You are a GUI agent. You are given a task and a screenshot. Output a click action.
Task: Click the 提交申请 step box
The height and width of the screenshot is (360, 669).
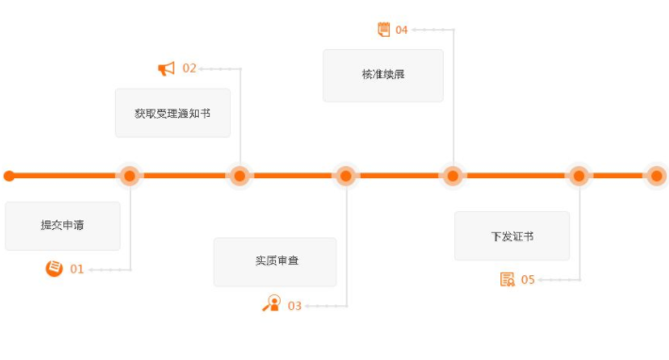[62, 225]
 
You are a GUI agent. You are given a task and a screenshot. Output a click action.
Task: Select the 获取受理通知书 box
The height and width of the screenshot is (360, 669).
[172, 113]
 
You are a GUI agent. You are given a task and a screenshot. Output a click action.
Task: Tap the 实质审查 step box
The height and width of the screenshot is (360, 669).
[275, 261]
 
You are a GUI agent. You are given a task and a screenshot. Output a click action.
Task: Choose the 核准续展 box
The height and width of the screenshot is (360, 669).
[383, 74]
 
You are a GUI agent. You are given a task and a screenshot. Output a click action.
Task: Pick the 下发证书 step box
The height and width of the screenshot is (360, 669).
[512, 236]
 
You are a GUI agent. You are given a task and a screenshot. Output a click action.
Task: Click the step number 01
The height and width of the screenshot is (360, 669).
[76, 270]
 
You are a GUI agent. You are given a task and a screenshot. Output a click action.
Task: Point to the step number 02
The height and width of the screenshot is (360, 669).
[189, 68]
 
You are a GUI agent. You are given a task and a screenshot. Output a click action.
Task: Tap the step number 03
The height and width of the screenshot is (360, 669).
[295, 305]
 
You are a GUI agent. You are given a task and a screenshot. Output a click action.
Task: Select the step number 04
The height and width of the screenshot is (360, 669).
[401, 29]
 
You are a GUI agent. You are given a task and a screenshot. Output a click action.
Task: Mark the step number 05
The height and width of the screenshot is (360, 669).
[528, 279]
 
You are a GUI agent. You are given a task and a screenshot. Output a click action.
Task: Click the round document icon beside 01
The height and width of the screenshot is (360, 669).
[55, 269]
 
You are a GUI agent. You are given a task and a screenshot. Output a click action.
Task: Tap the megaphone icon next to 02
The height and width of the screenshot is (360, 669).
[167, 68]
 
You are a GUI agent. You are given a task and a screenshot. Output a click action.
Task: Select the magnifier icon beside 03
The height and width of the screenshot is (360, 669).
[272, 303]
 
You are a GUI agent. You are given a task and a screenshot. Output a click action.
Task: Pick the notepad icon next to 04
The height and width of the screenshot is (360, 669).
[383, 28]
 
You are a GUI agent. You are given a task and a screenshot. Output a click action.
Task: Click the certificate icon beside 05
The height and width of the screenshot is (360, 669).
[508, 279]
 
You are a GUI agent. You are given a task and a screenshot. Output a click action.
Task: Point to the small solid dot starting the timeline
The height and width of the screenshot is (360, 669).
[9, 175]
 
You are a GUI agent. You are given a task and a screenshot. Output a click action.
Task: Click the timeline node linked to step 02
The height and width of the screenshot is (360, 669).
[240, 175]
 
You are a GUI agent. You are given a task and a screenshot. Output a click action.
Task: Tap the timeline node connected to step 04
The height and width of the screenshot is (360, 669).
[453, 175]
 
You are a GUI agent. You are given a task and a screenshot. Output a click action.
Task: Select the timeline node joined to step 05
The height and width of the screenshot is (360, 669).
[579, 175]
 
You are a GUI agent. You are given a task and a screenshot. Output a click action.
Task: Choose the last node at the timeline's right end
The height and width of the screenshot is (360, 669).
[656, 175]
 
